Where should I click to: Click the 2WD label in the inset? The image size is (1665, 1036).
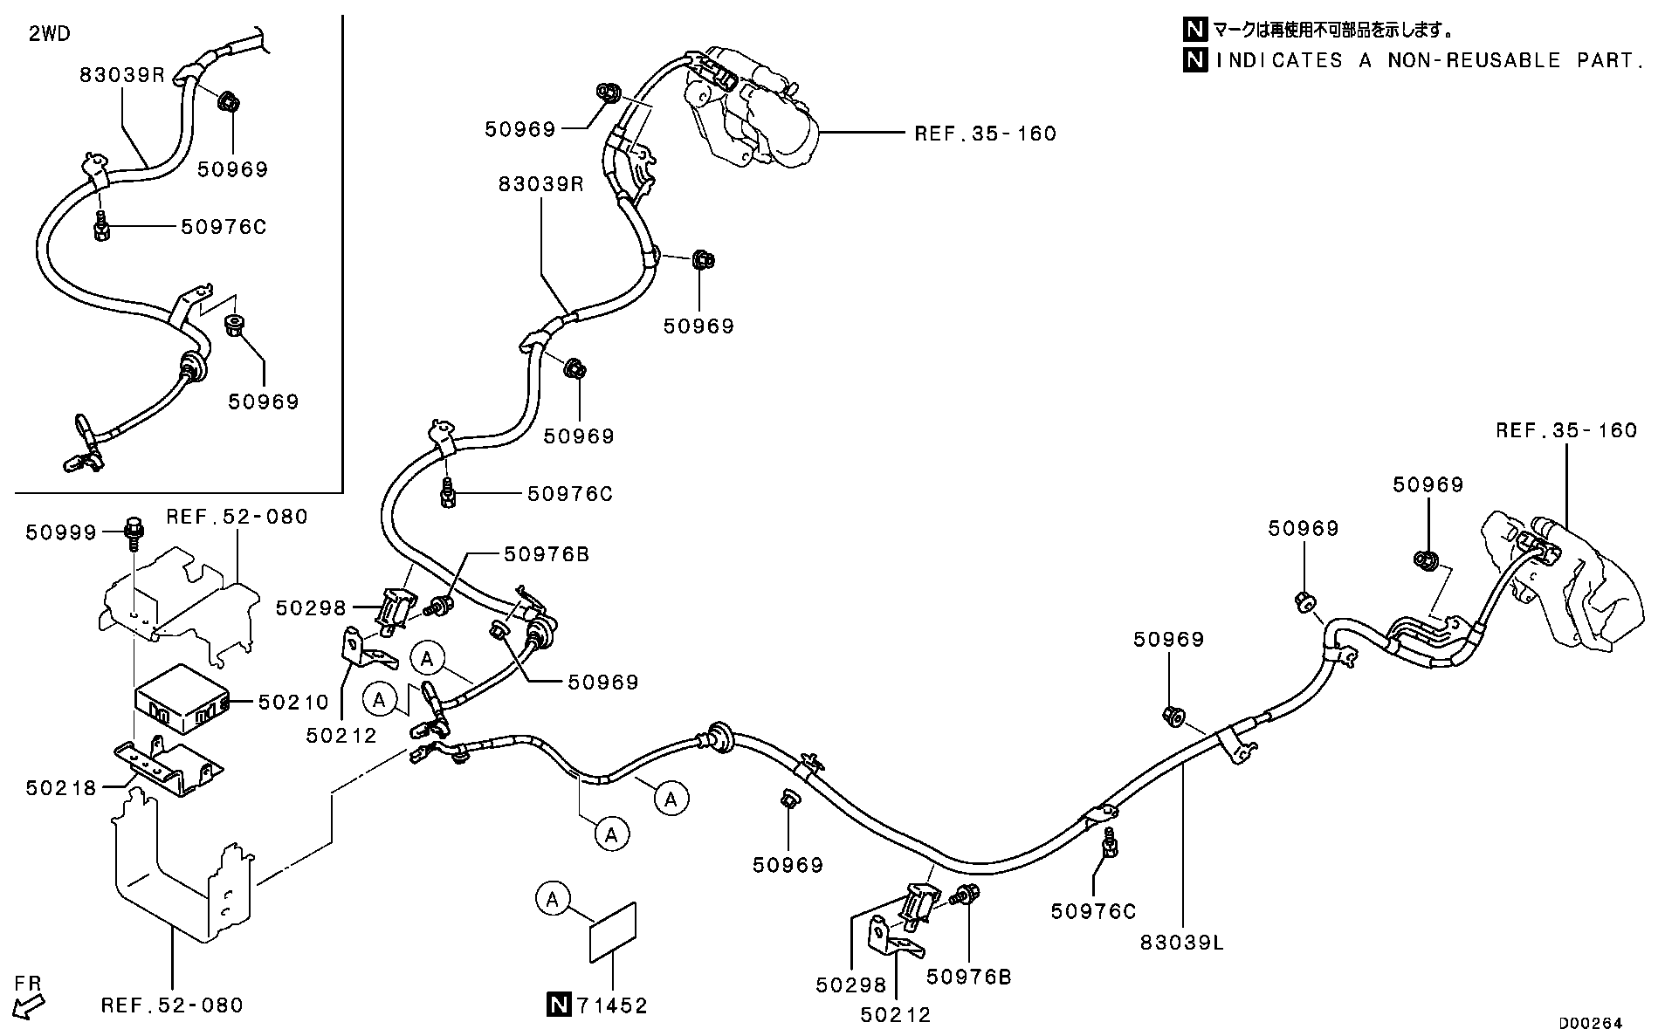pyautogui.click(x=50, y=34)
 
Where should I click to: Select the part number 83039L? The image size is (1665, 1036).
pyautogui.click(x=1182, y=943)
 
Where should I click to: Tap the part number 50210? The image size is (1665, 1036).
pyautogui.click(x=292, y=702)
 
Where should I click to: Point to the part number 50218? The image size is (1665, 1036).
pyautogui.click(x=60, y=787)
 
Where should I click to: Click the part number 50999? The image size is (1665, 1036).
pyautogui.click(x=60, y=532)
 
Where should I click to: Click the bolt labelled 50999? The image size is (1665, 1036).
pyautogui.click(x=134, y=532)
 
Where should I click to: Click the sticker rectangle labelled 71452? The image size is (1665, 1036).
pyautogui.click(x=613, y=932)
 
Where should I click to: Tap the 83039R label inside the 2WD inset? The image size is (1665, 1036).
pyautogui.click(x=122, y=74)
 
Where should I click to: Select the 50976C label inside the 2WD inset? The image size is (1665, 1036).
pyautogui.click(x=224, y=227)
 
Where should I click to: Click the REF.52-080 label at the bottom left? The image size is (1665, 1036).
pyautogui.click(x=172, y=1005)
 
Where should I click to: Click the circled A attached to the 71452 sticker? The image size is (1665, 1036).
pyautogui.click(x=553, y=898)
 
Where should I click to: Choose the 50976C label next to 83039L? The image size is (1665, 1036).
pyautogui.click(x=1093, y=911)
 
